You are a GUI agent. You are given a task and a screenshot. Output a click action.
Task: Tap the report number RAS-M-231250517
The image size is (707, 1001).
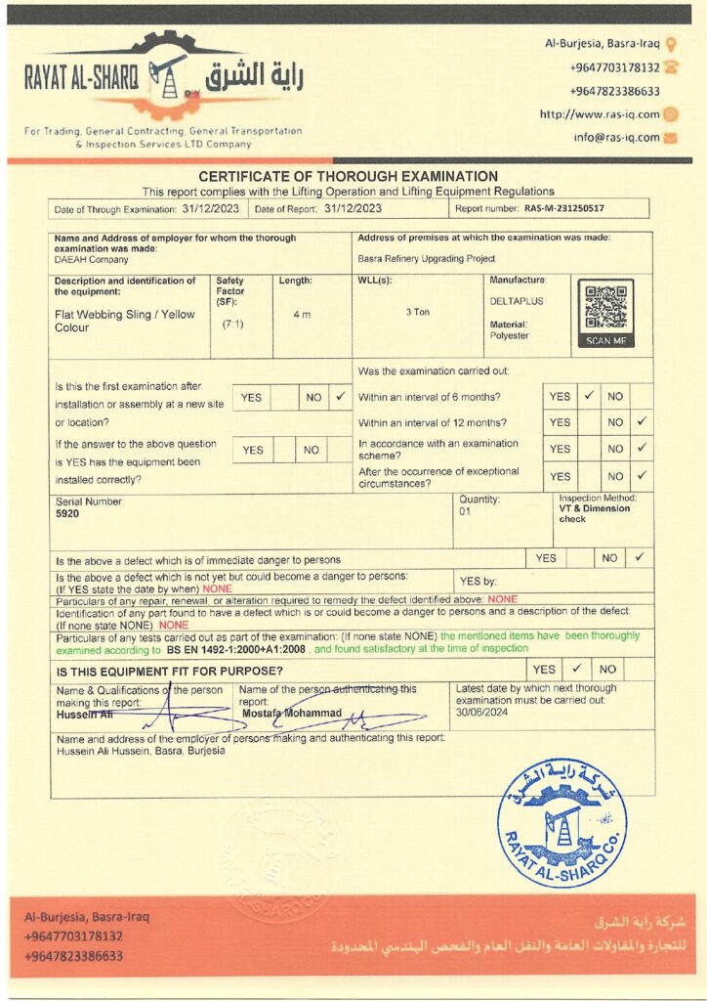click(x=563, y=208)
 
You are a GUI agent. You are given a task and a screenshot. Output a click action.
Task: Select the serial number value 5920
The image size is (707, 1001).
click(x=67, y=513)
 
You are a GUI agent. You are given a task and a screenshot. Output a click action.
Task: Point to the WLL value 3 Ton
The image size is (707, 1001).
click(x=418, y=312)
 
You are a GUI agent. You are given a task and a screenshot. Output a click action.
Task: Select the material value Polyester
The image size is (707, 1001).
click(x=509, y=335)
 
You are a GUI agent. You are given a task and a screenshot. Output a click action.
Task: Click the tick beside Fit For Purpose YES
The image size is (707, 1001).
click(x=576, y=669)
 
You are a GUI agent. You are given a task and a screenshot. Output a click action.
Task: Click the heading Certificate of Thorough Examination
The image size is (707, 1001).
click(x=348, y=176)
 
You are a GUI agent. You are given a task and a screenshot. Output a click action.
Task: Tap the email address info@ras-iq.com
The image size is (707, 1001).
click(x=616, y=138)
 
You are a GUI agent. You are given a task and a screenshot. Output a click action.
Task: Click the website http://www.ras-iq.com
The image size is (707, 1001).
click(x=600, y=114)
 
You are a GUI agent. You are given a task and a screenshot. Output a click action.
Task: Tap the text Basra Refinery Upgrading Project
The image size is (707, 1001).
click(x=427, y=259)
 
